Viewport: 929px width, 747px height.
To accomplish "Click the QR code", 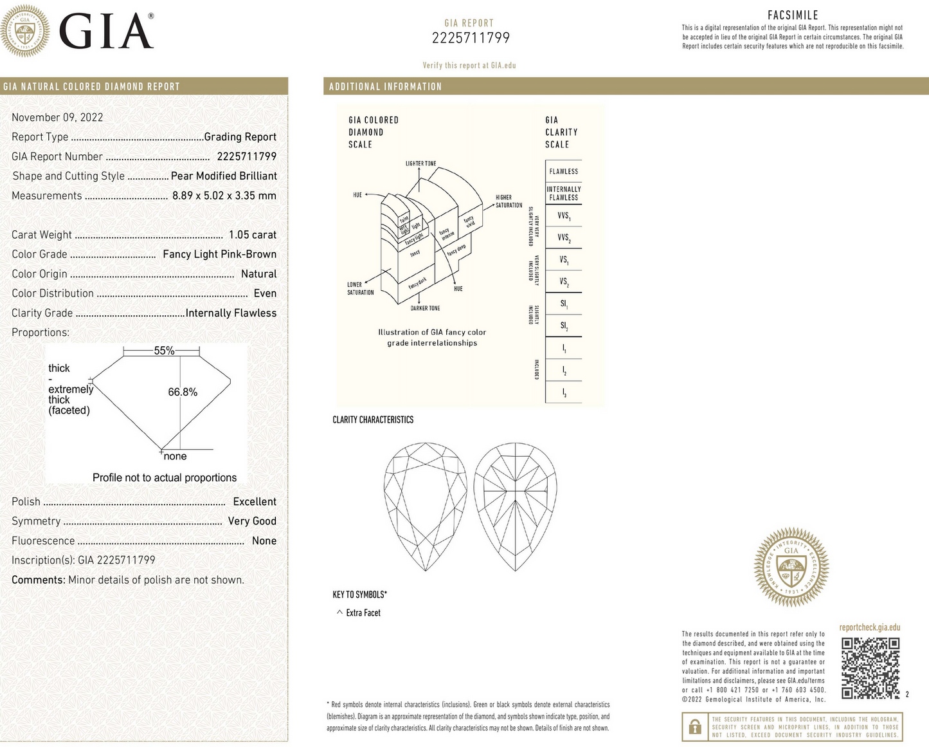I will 870,668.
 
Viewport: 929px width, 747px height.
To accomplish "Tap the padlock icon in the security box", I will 694,727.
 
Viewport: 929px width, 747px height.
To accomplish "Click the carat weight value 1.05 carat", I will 252,235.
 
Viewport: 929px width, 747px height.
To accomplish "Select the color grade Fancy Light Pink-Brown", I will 219,254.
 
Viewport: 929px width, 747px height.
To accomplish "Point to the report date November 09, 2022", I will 57,117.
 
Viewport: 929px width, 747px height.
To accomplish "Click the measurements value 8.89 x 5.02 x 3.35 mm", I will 224,196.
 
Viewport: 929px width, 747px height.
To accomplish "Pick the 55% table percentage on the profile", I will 164,351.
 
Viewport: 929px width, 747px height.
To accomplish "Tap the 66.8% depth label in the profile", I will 183,392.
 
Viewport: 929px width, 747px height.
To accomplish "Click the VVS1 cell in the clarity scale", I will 563,216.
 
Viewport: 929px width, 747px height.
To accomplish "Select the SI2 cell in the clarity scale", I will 563,326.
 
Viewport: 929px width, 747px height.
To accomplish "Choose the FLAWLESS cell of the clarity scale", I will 563,172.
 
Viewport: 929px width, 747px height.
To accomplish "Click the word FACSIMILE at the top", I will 793,15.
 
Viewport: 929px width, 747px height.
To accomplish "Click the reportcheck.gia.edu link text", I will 869,627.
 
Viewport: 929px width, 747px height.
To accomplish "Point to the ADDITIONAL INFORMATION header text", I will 385,87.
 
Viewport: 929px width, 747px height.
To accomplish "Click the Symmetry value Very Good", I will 252,521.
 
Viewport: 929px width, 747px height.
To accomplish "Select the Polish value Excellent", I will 255,502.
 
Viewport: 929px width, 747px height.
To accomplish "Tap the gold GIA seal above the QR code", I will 791,567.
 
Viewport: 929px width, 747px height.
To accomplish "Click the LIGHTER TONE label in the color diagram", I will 420,163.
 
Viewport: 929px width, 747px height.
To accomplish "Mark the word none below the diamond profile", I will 175,456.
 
